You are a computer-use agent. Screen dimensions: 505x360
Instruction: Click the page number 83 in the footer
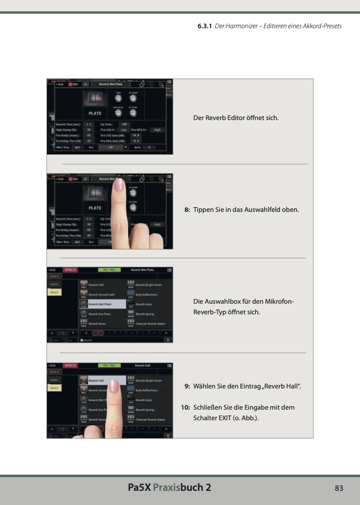tap(338, 488)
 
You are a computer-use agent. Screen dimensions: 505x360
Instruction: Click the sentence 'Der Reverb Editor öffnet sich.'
tap(236, 118)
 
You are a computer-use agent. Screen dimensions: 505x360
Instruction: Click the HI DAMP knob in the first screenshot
tap(134, 98)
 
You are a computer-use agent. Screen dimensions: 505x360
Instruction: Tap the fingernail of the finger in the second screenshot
tap(119, 186)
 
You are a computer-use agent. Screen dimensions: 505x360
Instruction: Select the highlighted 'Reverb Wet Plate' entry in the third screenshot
tap(102, 304)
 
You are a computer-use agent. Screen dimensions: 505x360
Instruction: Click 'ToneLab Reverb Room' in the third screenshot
tap(150, 324)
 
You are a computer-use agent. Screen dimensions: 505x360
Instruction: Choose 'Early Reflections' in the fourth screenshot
tap(147, 390)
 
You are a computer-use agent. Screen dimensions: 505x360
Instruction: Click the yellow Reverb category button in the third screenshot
tap(54, 292)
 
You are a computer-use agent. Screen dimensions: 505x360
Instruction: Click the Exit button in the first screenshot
tap(59, 84)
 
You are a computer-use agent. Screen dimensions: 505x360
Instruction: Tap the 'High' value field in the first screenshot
tap(156, 129)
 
